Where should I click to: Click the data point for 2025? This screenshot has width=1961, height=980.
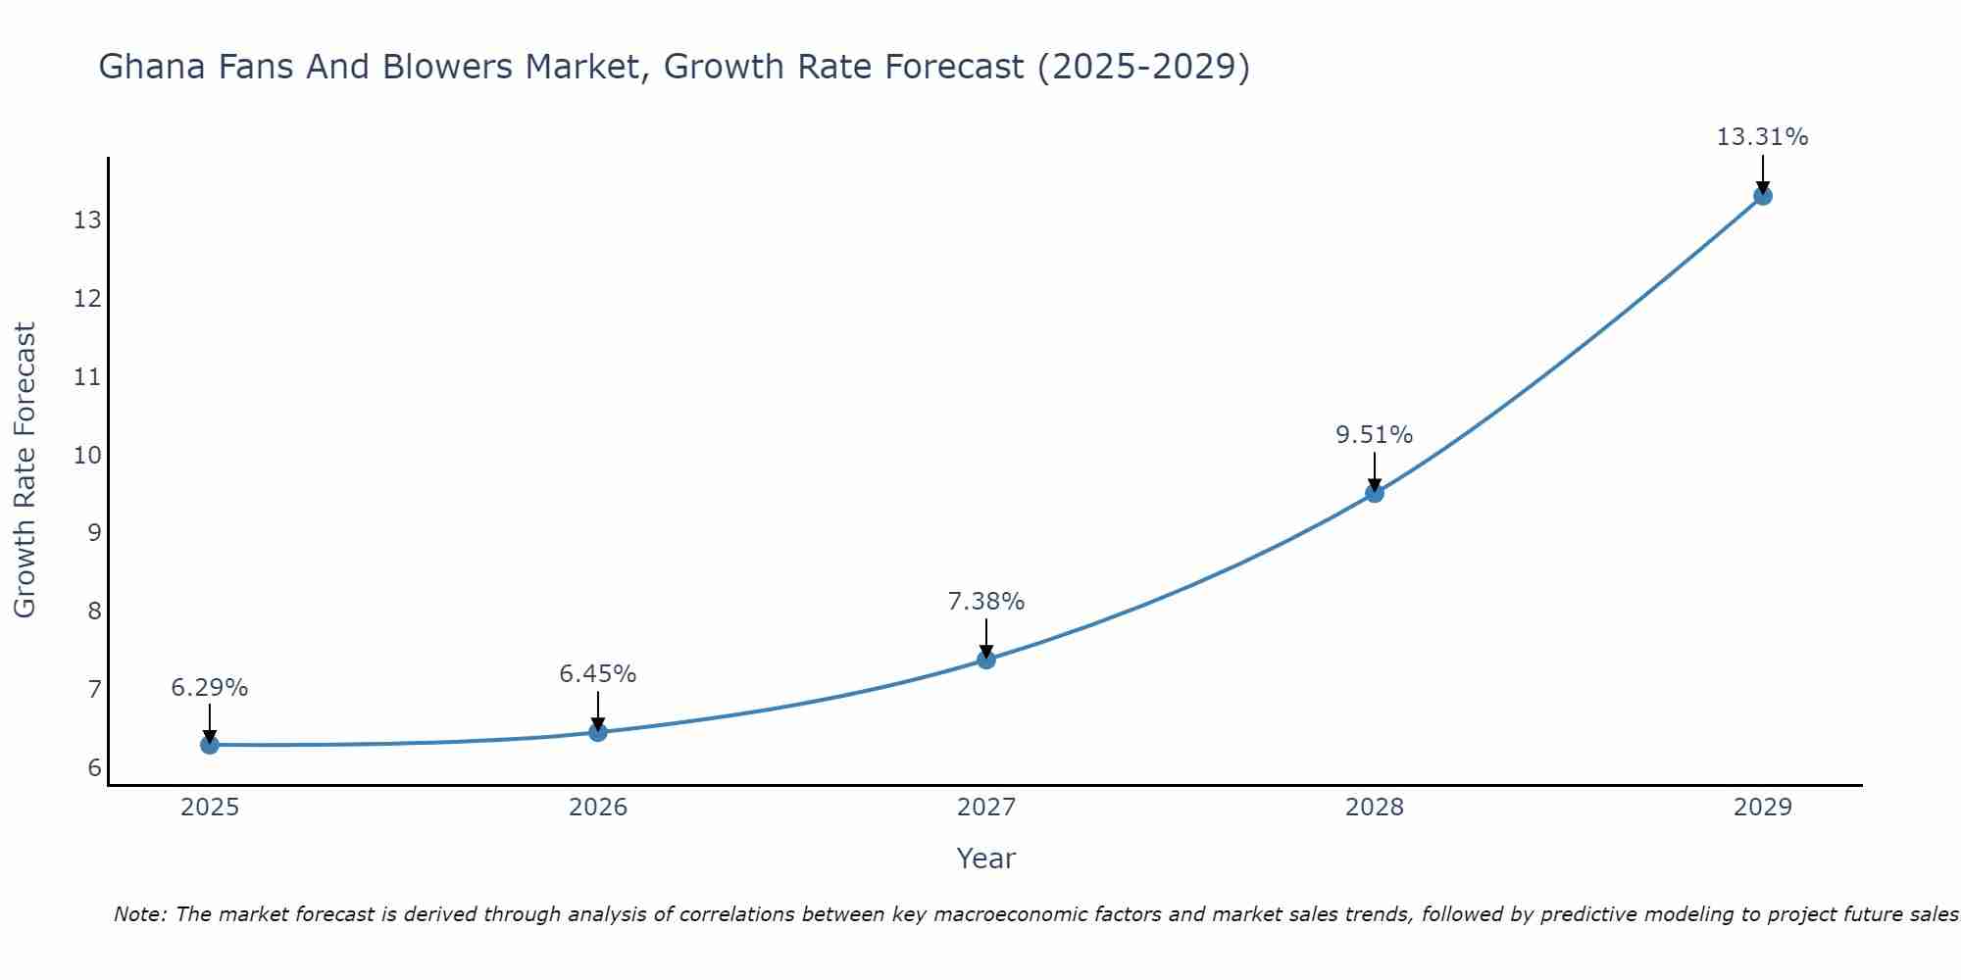click(x=209, y=745)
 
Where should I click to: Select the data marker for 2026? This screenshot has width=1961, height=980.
click(x=598, y=732)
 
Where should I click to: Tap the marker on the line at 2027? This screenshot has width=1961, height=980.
click(x=986, y=660)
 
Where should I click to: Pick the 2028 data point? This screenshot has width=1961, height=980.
click(x=1375, y=493)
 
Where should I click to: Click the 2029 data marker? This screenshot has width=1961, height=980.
click(x=1763, y=196)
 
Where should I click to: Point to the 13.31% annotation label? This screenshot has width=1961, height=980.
click(x=1762, y=137)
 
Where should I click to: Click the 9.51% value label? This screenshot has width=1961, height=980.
click(x=1374, y=435)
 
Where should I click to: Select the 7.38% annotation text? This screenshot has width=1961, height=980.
click(x=985, y=602)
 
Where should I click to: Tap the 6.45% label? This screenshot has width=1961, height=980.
click(x=597, y=674)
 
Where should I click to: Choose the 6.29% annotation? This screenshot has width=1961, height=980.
click(x=209, y=688)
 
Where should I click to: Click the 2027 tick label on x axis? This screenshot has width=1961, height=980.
click(x=986, y=808)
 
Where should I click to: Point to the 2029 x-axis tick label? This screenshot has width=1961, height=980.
click(x=1763, y=808)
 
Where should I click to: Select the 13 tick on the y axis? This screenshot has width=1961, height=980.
click(x=87, y=220)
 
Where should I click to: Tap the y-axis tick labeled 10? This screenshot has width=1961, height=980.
click(x=87, y=455)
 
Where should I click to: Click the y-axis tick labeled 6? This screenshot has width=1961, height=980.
click(x=94, y=767)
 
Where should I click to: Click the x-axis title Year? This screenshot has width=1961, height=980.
click(x=985, y=858)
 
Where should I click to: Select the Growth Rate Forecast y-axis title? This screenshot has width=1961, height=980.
click(x=25, y=470)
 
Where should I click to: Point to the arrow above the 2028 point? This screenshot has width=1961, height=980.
click(x=1375, y=470)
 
